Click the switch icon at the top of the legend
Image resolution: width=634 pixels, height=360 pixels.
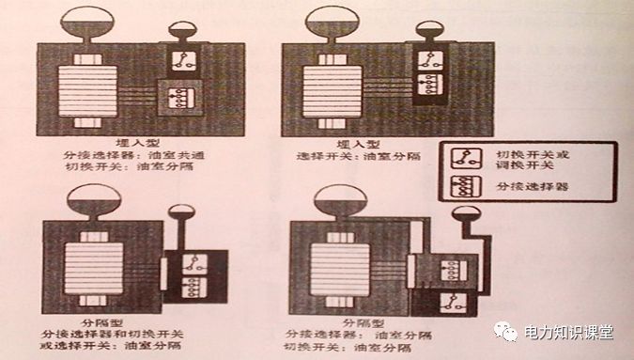[463, 157]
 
